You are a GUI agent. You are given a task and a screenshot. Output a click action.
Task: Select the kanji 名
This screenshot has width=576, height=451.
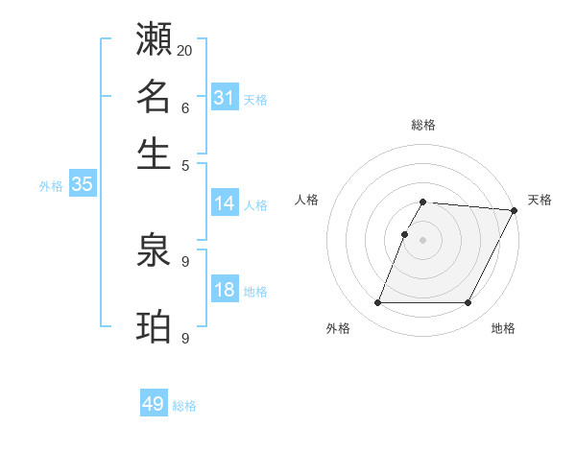[154, 98]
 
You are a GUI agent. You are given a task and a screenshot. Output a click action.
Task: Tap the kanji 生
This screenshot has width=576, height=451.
[154, 154]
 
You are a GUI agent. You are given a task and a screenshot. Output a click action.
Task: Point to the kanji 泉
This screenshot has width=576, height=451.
[154, 254]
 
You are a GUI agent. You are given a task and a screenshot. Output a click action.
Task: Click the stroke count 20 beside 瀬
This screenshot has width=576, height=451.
[185, 50]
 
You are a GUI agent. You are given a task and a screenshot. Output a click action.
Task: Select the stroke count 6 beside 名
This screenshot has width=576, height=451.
[184, 107]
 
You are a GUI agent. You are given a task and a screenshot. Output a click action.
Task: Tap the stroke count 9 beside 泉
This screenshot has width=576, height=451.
[184, 261]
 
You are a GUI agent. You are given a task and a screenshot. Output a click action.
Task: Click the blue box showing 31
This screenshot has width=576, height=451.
[224, 98]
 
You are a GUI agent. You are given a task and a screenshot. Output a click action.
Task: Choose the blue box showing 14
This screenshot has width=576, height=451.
[224, 203]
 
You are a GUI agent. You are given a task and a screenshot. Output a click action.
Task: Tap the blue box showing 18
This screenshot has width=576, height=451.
[224, 291]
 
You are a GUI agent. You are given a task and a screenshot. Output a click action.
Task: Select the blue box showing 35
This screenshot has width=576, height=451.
[82, 185]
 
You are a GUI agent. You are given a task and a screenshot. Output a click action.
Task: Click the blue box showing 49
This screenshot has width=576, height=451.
[154, 404]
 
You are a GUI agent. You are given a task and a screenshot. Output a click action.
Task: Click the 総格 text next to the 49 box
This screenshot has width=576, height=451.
[184, 406]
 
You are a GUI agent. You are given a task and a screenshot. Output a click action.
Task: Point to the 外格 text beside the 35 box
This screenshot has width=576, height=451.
[51, 187]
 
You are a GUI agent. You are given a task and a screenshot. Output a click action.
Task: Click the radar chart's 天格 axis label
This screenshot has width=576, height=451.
[540, 200]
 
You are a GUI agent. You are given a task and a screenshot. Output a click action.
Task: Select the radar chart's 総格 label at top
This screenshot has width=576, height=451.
[423, 126]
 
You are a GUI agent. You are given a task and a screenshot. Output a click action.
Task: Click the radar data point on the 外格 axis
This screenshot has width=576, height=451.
[377, 303]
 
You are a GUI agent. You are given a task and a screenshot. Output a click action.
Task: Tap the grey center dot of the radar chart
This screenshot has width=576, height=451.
[423, 240]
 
